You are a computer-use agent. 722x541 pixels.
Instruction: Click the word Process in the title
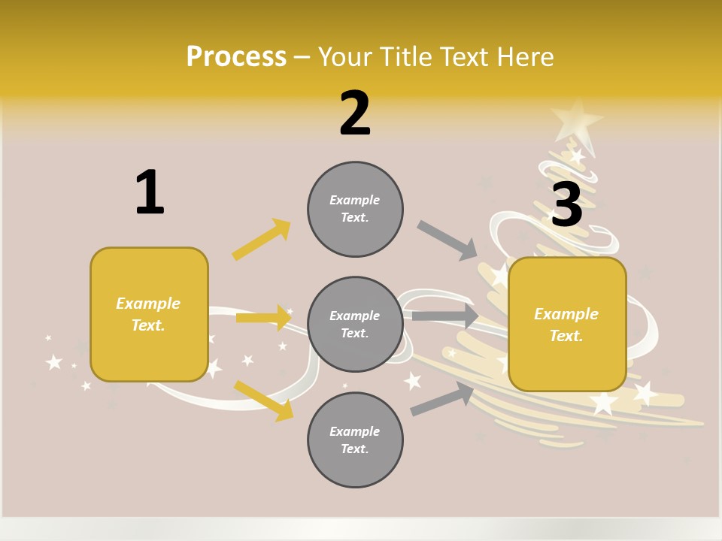236,56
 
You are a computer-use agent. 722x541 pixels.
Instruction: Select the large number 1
149,192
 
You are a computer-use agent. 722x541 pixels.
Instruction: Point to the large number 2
355,113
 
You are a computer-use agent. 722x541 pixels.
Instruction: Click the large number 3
566,204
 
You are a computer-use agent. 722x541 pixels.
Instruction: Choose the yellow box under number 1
149,314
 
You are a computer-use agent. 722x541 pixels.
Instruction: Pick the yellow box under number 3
567,324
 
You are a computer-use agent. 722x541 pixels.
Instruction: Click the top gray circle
355,208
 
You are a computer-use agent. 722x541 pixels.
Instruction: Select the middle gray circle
355,324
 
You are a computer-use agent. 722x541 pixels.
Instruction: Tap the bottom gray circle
355,440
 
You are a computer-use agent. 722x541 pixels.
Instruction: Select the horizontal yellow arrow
263,318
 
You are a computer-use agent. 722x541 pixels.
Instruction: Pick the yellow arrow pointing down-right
263,400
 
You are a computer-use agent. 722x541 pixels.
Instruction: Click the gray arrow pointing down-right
447,240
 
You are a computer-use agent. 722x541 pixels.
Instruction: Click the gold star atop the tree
576,117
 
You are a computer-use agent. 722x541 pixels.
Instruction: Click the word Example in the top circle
355,200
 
